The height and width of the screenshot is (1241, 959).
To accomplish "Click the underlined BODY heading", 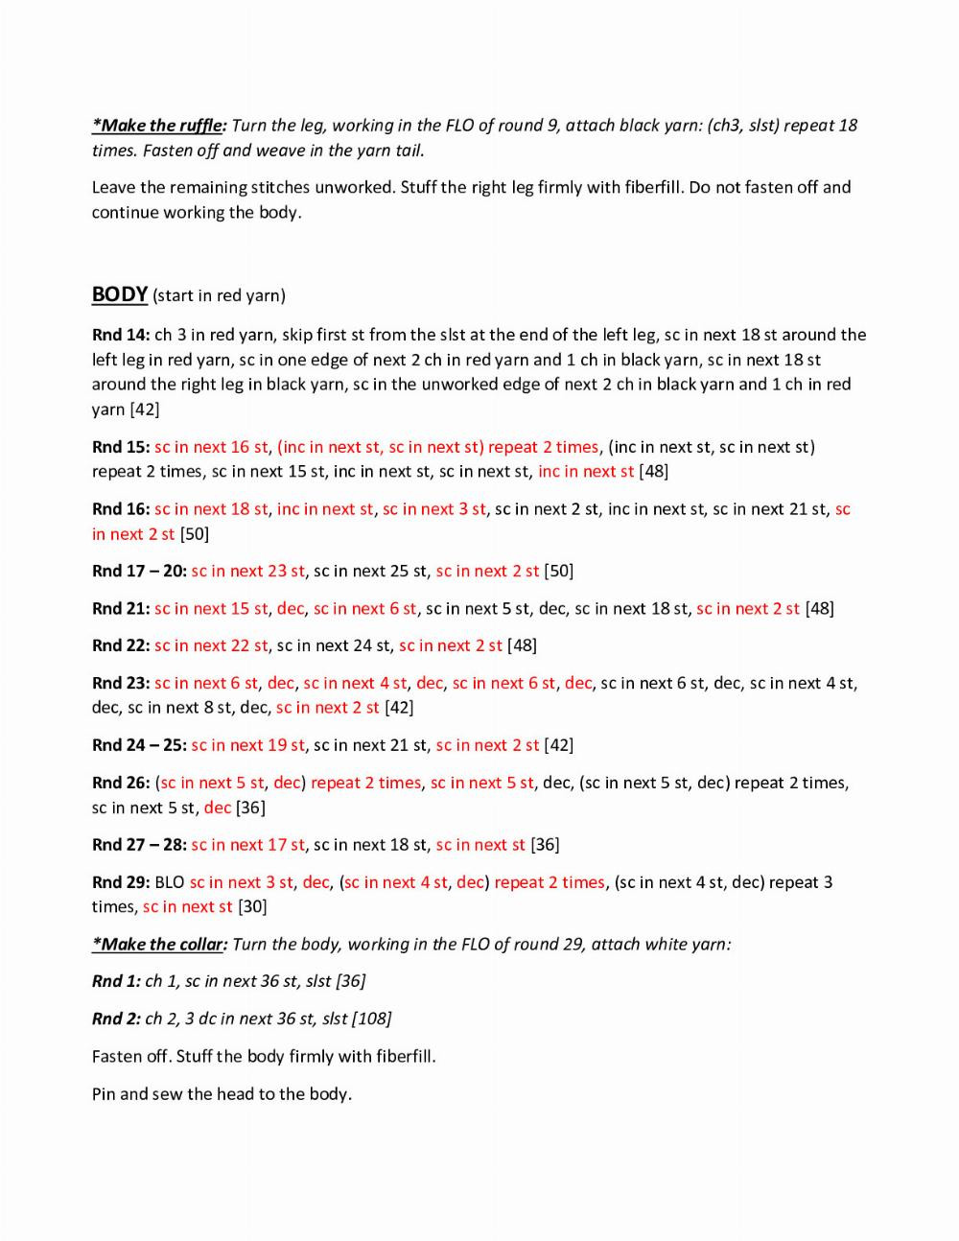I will click(120, 294).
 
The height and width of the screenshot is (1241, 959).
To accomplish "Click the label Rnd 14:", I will click(121, 335).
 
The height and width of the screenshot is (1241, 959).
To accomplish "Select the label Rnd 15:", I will click(121, 447).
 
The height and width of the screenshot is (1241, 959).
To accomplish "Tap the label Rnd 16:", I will click(121, 509).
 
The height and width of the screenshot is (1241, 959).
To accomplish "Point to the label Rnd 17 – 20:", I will click(139, 572).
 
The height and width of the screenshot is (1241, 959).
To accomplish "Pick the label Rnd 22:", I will click(121, 645).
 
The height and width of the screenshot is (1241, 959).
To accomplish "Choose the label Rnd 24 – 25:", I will click(139, 745).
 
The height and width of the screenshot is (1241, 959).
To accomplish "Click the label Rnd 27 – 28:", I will click(139, 845).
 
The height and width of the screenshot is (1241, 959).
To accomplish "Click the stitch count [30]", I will click(252, 907).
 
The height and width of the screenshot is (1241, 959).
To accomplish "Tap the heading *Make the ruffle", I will click(158, 126).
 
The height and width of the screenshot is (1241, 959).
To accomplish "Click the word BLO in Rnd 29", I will click(170, 882).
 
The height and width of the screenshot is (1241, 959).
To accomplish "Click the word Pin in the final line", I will click(104, 1094).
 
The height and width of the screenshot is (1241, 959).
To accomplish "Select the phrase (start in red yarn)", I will click(219, 295).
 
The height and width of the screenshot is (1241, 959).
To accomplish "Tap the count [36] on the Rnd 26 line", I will click(250, 808).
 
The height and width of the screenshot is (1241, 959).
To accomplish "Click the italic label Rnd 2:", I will click(116, 1019).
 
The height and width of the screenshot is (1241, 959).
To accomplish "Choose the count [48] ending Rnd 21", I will click(819, 609).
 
